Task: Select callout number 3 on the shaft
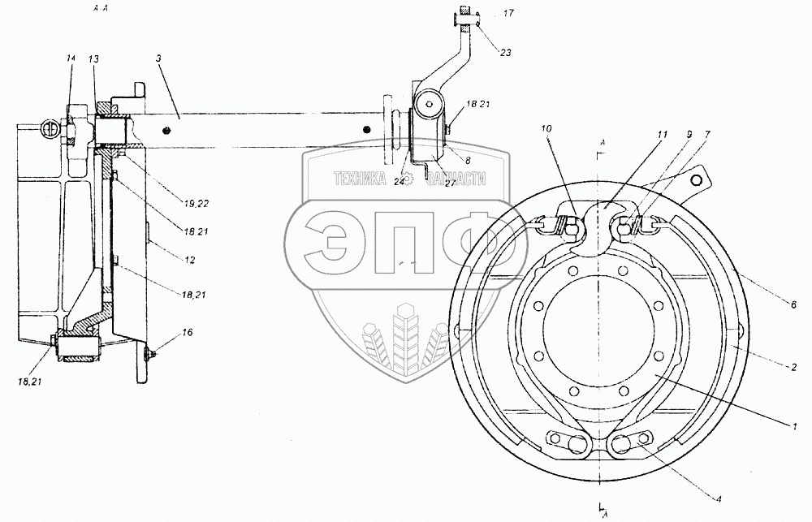point(158,59)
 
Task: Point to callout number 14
point(71,58)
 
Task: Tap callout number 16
point(165,334)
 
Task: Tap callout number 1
point(797,424)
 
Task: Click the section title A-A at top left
point(101,10)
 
